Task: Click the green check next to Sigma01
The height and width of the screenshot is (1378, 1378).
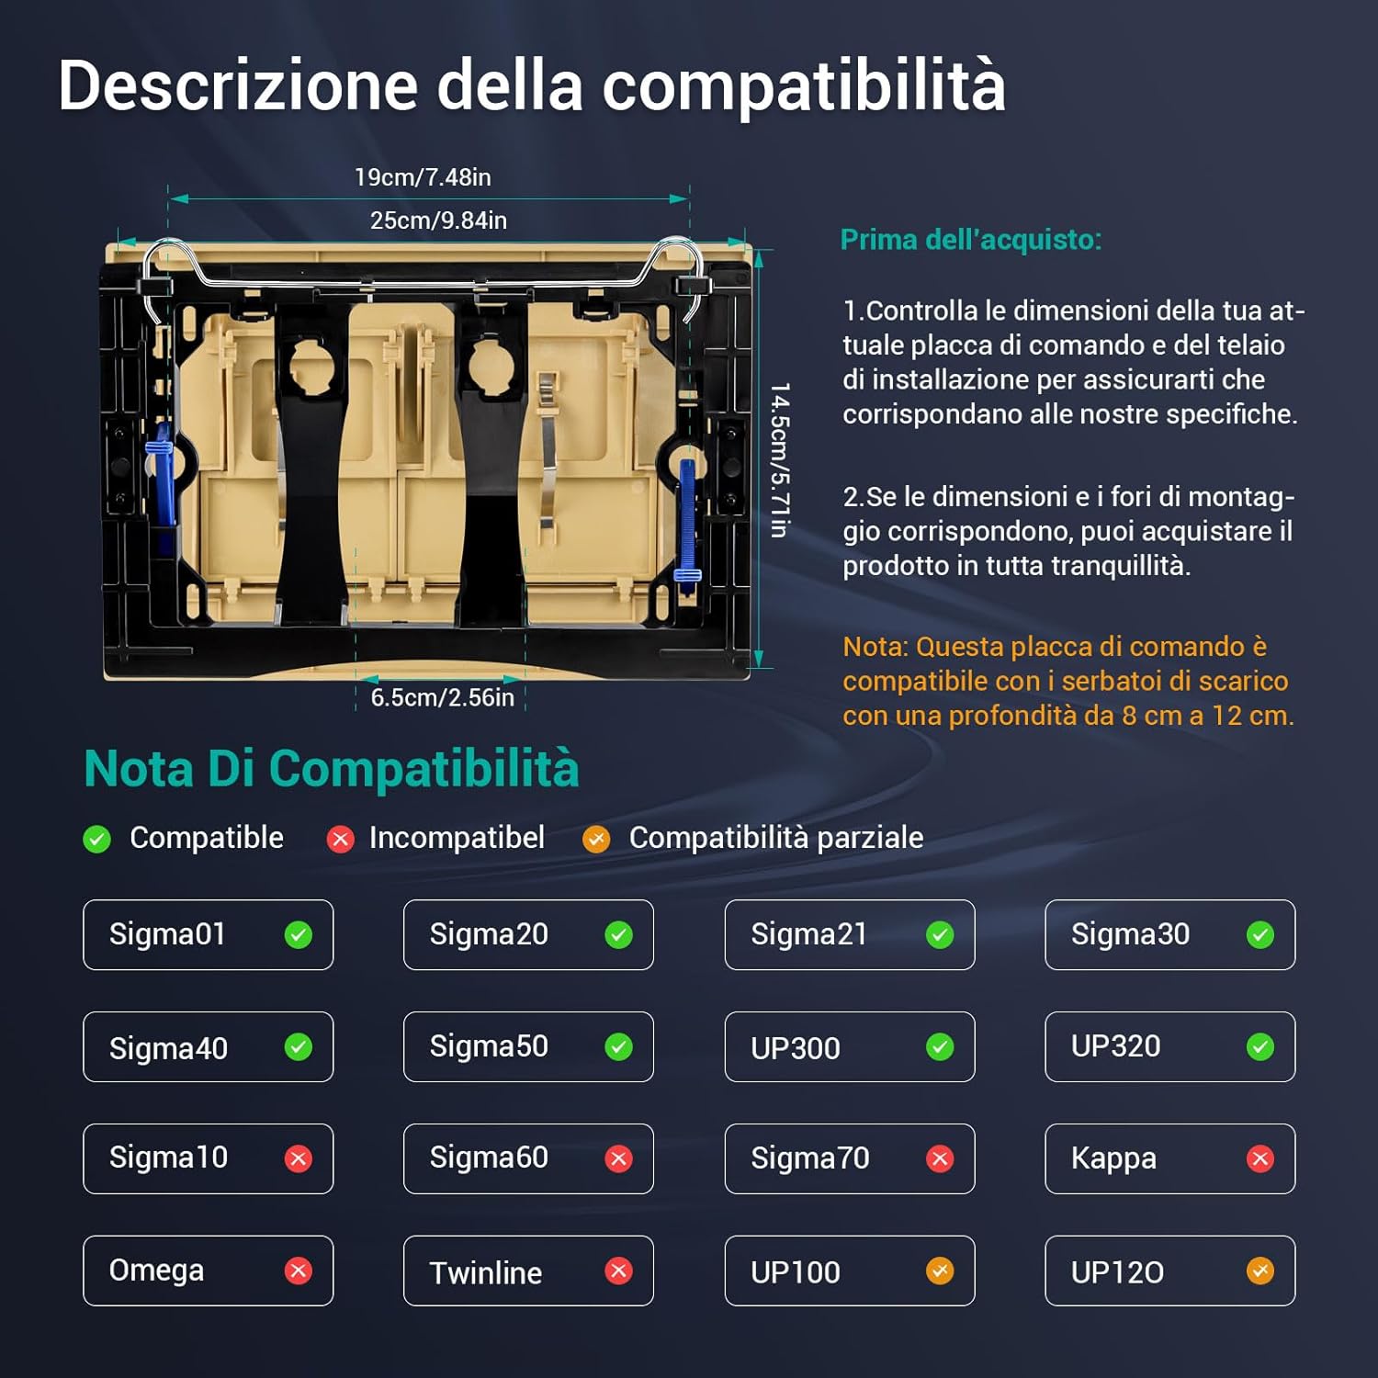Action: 298,935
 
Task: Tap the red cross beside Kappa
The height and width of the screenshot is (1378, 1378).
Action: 1259,1159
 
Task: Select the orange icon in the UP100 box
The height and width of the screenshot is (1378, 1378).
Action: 939,1271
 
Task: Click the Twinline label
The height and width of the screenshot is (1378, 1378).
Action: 485,1272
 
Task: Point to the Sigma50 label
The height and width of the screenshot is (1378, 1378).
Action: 489,1046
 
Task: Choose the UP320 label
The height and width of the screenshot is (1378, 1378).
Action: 1115,1046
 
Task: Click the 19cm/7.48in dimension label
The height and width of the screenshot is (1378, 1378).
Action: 423,177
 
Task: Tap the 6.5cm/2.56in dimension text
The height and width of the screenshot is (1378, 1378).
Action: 442,697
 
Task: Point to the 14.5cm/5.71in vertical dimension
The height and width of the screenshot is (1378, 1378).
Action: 779,460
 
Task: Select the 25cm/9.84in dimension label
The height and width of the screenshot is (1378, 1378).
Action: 438,220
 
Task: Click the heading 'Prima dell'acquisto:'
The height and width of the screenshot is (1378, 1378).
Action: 970,240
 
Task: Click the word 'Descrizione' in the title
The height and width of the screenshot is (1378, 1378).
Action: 238,85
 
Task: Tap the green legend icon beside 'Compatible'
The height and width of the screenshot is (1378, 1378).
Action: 96,839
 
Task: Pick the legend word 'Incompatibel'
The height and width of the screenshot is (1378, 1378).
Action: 457,838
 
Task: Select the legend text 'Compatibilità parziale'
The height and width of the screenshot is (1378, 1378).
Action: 775,838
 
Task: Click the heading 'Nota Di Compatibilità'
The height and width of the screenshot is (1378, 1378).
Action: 331,768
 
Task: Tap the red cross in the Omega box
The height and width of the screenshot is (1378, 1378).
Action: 298,1271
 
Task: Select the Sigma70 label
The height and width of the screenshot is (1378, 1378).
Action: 809,1158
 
